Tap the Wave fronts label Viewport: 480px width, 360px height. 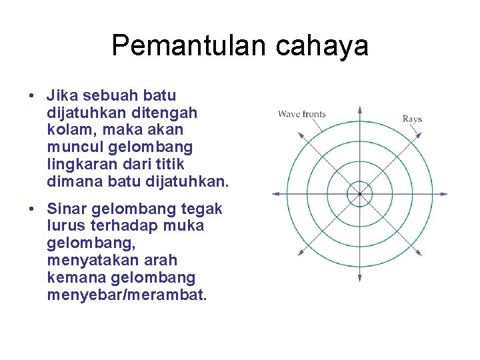(302, 114)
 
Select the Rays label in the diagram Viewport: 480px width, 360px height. (412, 119)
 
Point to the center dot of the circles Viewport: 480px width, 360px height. (359, 194)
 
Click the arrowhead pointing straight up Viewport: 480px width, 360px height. (359, 109)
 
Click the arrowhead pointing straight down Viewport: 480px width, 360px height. (359, 279)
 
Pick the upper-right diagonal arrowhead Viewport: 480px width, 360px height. (419, 135)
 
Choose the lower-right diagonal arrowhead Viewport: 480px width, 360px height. (419, 253)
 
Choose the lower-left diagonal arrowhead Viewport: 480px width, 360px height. (300, 253)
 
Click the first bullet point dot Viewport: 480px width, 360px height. (32, 95)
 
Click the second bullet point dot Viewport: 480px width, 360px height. (32, 209)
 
